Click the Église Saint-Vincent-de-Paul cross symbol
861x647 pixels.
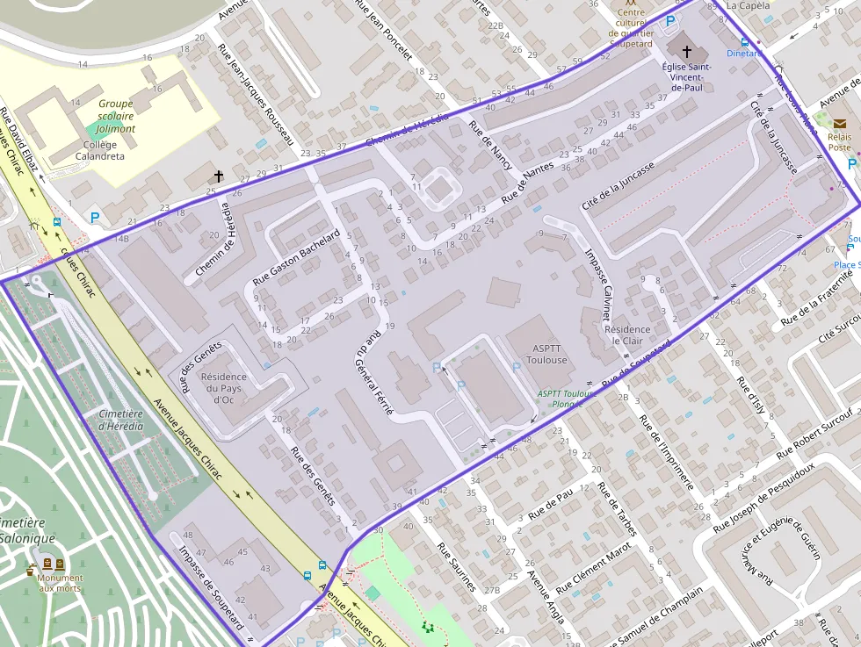(x=686, y=53)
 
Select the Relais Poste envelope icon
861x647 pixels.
(x=840, y=124)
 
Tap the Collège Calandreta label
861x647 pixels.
(x=99, y=150)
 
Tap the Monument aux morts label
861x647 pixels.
(x=61, y=583)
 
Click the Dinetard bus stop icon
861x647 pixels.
(x=745, y=41)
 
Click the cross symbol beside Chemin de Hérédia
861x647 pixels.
(x=217, y=176)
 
